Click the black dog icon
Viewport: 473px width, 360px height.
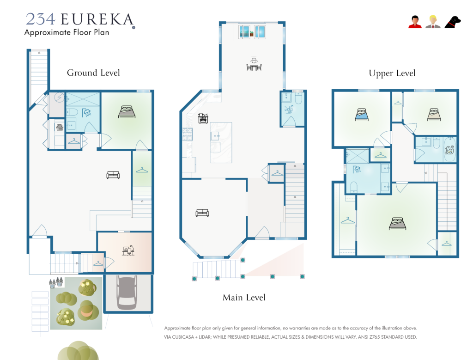(x=453, y=22)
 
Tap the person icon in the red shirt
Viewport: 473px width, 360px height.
(x=415, y=22)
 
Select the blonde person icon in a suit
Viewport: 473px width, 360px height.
(x=433, y=22)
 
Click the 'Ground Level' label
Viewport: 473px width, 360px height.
(x=93, y=73)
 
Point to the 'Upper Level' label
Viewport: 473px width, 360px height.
(x=392, y=73)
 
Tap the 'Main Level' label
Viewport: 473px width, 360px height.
(x=244, y=298)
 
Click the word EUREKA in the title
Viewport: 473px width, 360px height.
(x=97, y=19)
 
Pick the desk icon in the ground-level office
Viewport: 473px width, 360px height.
(x=128, y=250)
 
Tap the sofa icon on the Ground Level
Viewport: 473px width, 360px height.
(x=113, y=175)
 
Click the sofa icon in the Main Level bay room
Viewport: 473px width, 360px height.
(x=202, y=213)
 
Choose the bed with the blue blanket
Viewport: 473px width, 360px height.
(x=362, y=115)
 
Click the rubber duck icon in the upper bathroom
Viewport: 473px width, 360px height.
(x=449, y=150)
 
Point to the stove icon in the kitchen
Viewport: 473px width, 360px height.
(x=203, y=118)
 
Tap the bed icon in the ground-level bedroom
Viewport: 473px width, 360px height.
(x=127, y=112)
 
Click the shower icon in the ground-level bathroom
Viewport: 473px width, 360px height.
(x=86, y=113)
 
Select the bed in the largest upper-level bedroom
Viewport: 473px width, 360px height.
(x=397, y=224)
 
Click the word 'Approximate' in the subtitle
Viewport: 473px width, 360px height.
(x=48, y=33)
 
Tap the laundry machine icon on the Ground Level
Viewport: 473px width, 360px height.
(x=60, y=128)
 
